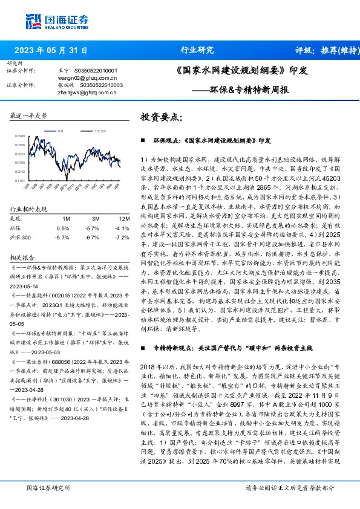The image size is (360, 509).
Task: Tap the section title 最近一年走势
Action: [28, 115]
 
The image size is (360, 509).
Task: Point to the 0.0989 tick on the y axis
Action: [21, 137]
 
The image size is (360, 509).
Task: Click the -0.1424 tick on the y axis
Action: [21, 180]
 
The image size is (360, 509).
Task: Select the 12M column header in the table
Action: [124, 218]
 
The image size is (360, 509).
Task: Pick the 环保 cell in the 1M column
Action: [63, 228]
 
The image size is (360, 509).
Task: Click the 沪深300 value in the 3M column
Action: [91, 238]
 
